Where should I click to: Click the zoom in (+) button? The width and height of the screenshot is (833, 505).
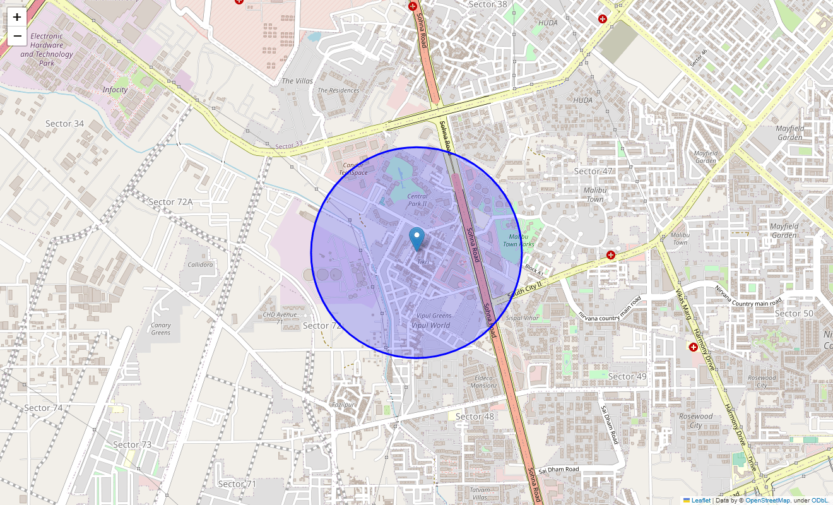click(x=17, y=17)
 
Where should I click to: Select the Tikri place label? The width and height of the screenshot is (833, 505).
click(x=423, y=261)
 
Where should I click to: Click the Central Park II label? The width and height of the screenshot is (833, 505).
click(x=417, y=200)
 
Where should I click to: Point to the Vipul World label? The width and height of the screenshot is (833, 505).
click(x=430, y=325)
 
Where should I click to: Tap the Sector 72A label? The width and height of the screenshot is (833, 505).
click(x=170, y=202)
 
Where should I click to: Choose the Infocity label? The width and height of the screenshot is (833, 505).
click(x=115, y=90)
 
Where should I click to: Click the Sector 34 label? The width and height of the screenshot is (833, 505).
click(x=64, y=124)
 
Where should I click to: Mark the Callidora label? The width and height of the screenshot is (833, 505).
click(x=200, y=264)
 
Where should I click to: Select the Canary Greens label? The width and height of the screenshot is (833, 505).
click(x=161, y=329)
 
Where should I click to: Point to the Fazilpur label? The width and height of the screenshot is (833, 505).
click(x=343, y=404)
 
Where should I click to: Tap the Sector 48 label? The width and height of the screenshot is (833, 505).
click(x=475, y=417)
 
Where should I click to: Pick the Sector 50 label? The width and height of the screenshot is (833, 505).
click(x=794, y=314)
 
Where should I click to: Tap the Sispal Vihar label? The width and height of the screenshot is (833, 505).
click(x=523, y=318)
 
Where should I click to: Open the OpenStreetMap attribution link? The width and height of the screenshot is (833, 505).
click(x=767, y=501)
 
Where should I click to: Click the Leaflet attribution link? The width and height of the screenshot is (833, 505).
click(x=700, y=501)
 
